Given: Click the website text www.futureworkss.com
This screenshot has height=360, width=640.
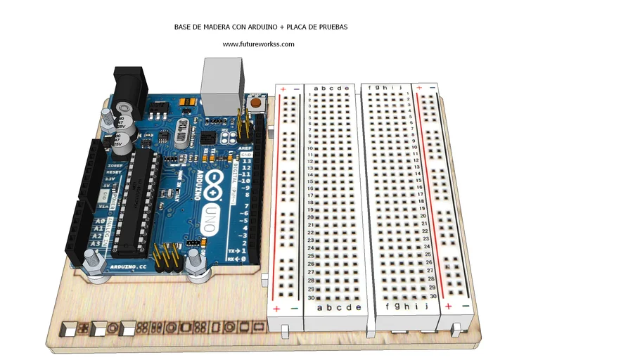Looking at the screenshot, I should (x=258, y=44).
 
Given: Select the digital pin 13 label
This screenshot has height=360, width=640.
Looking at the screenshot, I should (x=247, y=162).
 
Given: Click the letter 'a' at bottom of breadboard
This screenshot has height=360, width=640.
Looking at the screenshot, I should (x=320, y=308).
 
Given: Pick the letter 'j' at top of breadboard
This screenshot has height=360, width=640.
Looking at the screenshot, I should (x=399, y=88).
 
